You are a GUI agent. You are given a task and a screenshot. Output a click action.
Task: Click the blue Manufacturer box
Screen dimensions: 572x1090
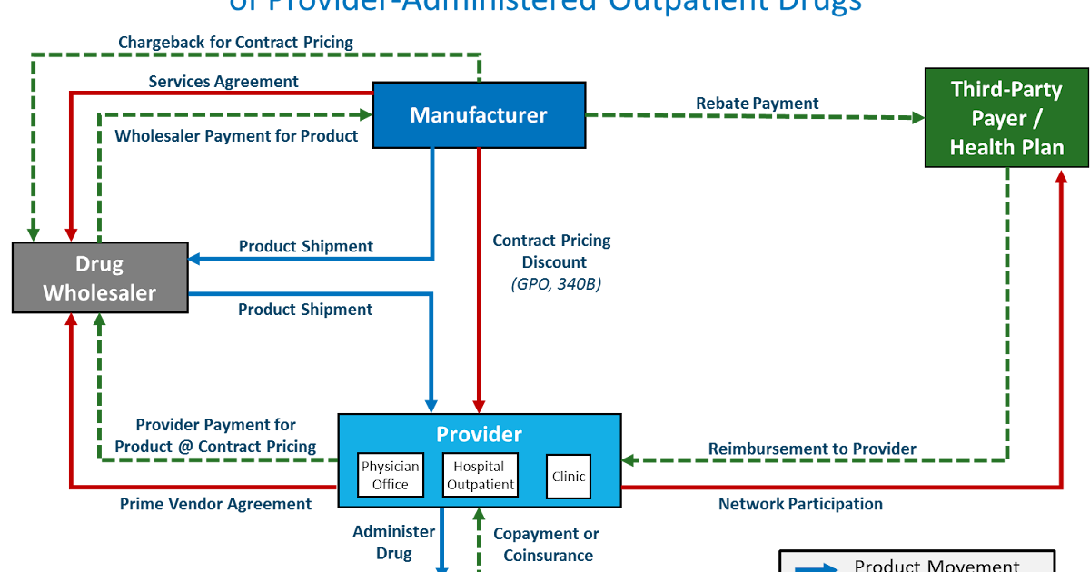tap(479, 115)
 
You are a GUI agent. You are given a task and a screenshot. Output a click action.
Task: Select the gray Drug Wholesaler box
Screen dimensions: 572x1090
tap(100, 278)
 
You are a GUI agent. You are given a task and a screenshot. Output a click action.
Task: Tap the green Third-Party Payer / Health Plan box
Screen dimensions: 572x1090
tap(1006, 118)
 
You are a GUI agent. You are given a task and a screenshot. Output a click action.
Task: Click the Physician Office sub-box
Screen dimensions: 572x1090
tap(391, 476)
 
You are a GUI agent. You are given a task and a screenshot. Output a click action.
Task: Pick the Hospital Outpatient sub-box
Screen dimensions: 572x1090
tap(481, 476)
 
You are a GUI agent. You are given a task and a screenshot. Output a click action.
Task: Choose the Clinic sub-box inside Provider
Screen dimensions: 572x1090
tap(569, 477)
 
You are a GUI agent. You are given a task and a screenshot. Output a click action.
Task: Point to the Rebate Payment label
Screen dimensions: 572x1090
tap(757, 104)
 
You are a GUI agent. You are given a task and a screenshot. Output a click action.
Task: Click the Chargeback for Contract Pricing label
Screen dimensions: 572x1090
tap(235, 43)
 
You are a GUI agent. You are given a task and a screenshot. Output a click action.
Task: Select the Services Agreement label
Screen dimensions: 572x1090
tap(223, 82)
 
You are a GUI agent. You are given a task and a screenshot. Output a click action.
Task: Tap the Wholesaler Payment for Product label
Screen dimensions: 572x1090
tap(236, 136)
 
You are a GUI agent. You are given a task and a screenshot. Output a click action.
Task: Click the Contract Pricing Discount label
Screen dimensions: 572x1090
tap(551, 251)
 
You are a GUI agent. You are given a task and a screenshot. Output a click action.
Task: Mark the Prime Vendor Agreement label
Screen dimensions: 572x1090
tap(215, 504)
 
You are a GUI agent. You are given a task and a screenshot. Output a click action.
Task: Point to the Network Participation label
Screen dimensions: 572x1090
tap(800, 504)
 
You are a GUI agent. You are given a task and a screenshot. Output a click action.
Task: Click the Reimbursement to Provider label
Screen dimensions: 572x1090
tap(811, 449)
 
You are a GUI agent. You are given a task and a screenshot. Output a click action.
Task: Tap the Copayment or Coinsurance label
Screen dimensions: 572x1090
tap(546, 545)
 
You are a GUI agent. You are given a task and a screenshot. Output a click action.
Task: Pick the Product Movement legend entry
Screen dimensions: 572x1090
tap(936, 565)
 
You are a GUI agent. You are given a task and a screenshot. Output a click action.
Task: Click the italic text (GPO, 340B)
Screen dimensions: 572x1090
tap(551, 284)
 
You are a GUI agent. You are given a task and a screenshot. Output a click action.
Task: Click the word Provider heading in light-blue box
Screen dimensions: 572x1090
tap(479, 435)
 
